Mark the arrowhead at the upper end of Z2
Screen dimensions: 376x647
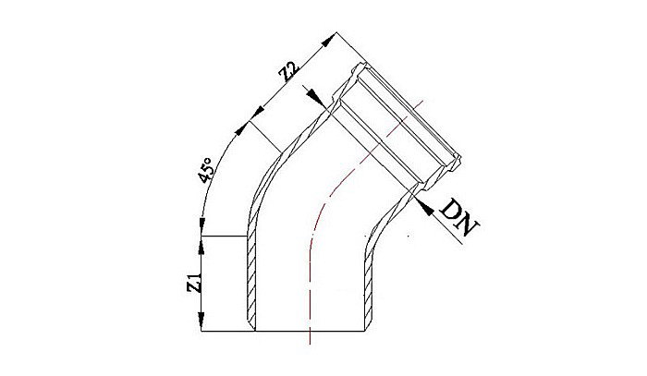[x=328, y=40]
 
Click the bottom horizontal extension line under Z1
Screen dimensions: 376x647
[x=226, y=331]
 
